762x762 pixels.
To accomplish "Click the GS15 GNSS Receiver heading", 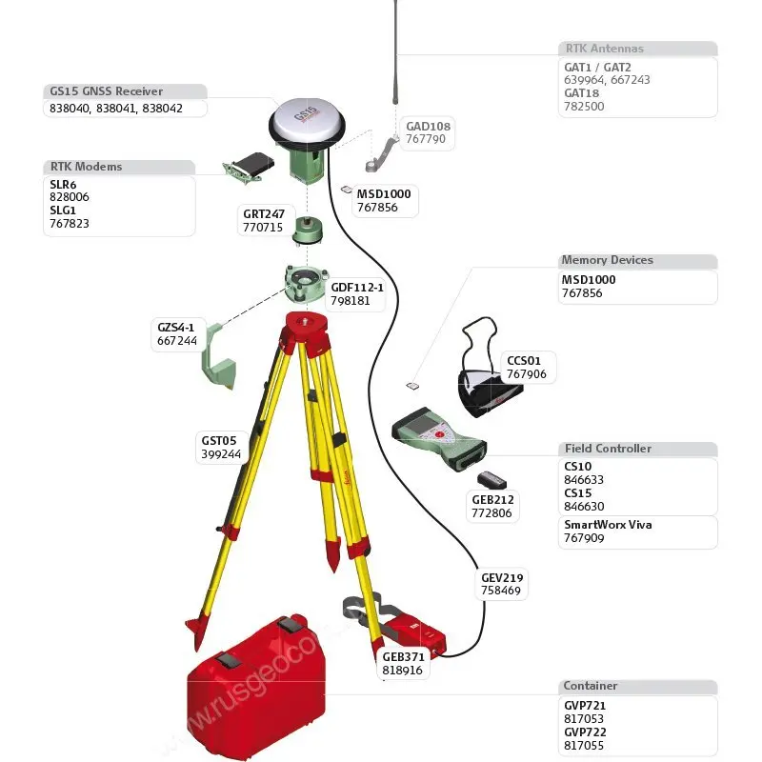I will click(106, 91).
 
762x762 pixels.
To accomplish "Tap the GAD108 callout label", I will click(428, 126).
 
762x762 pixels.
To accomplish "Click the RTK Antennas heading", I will click(605, 48).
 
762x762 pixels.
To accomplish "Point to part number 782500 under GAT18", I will click(584, 107).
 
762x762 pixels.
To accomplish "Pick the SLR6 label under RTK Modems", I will click(63, 184).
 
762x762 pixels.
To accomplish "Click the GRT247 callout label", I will click(263, 214).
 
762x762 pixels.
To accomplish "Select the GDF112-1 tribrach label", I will click(356, 287).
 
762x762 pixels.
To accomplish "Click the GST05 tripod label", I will click(218, 441).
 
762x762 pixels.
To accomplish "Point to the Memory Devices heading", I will click(607, 260).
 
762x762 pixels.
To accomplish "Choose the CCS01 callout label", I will click(524, 361).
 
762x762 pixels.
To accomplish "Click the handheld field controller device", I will click(437, 437).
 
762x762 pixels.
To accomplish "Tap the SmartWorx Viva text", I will click(608, 525).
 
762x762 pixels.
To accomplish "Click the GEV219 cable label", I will click(501, 577).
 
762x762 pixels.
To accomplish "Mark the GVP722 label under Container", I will click(585, 732).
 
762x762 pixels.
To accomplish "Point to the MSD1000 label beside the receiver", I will click(384, 193).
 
